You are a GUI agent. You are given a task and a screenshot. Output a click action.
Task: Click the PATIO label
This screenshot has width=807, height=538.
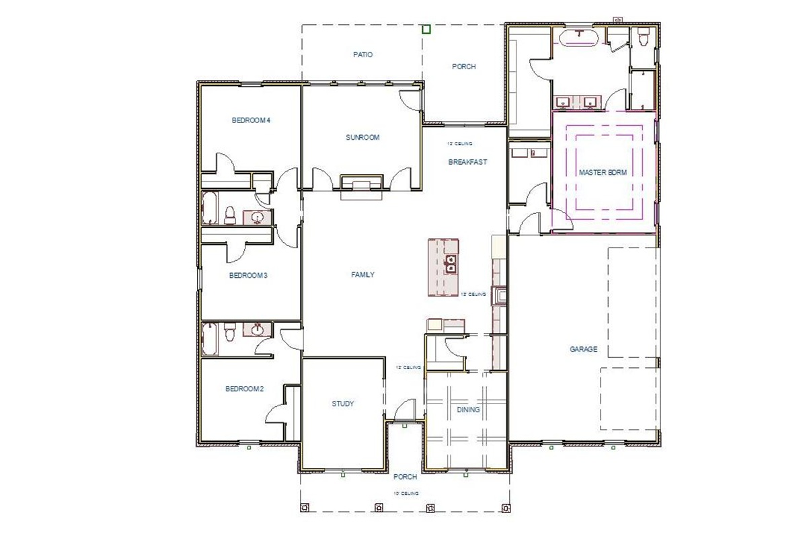tap(362, 54)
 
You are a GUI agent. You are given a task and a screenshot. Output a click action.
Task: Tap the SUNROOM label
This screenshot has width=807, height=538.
tap(362, 138)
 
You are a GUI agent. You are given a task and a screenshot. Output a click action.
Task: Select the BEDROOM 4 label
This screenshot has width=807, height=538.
tap(251, 121)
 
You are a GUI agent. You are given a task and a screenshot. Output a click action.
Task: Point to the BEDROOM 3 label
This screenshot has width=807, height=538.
tap(249, 275)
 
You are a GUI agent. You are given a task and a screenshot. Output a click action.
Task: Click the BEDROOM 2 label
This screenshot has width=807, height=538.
tap(243, 389)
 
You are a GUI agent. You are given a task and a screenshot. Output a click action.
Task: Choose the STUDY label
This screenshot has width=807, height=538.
tap(342, 403)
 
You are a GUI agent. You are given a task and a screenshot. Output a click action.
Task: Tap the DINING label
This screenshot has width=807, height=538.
tap(468, 410)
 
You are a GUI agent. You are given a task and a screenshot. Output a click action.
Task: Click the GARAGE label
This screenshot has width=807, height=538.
tap(583, 350)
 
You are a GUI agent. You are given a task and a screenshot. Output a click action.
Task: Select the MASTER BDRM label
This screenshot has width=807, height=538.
tap(603, 173)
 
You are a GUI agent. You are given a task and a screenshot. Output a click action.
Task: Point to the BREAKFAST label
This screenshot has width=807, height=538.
tap(467, 162)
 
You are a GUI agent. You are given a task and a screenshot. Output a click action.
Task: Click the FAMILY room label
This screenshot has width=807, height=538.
tap(362, 274)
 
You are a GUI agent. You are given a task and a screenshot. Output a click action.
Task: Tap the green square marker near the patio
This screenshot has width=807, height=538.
tap(426, 29)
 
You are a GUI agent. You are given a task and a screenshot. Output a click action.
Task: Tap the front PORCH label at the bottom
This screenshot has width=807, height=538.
tap(406, 477)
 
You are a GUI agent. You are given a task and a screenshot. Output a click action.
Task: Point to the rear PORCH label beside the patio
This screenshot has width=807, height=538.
tap(463, 67)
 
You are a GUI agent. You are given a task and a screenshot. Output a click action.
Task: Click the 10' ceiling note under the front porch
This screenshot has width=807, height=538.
tap(406, 494)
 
